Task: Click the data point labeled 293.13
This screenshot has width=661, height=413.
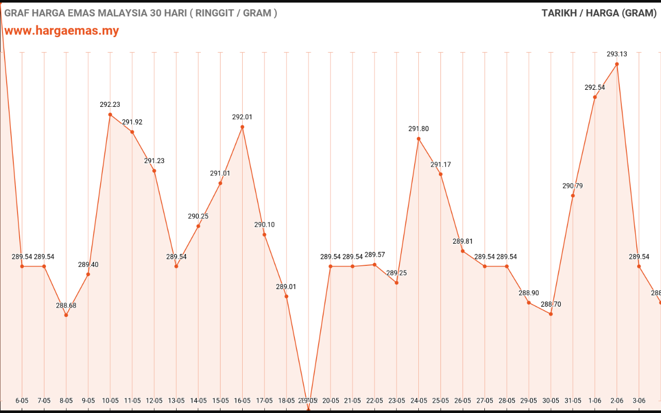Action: [617, 64]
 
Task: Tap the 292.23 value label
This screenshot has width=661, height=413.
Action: [110, 104]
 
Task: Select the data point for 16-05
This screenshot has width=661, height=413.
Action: [242, 126]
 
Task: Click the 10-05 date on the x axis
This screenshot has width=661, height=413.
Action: [110, 401]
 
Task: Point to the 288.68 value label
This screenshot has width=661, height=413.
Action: [66, 306]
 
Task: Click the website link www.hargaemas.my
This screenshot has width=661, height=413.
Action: [61, 30]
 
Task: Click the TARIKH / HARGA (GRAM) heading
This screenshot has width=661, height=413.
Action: [599, 13]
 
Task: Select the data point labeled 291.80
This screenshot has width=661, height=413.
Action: [418, 138]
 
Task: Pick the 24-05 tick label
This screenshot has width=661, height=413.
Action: [418, 401]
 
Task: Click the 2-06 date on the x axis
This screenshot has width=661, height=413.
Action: [617, 401]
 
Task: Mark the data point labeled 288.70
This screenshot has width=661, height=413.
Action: [551, 314]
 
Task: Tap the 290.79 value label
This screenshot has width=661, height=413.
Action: [573, 186]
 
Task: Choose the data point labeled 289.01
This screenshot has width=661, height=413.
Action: [286, 296]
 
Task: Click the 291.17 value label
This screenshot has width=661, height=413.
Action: [440, 165]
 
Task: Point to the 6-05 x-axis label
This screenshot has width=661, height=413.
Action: [22, 401]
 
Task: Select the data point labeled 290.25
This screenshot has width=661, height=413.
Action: [198, 226]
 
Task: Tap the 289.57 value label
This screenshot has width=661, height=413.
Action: [375, 255]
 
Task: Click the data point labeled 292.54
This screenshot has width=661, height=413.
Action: [595, 97]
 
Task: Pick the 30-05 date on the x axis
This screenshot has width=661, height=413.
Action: [551, 401]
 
